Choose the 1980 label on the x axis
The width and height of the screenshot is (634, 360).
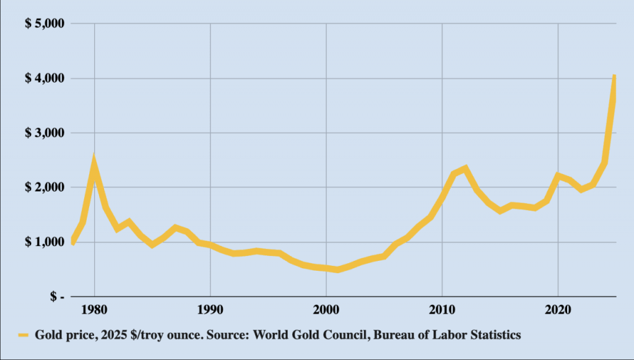coord(95,310)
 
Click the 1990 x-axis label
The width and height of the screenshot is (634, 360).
coord(211,310)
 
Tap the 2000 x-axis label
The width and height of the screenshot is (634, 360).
coord(326,310)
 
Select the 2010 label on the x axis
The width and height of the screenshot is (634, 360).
coord(442,310)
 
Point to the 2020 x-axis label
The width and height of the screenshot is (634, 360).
coord(558,310)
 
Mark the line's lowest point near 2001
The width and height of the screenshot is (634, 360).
coord(337,270)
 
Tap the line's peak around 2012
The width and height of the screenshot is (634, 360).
coord(465,168)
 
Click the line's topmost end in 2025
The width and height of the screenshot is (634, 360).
coord(614,76)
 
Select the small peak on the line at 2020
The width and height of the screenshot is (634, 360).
coord(558,176)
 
